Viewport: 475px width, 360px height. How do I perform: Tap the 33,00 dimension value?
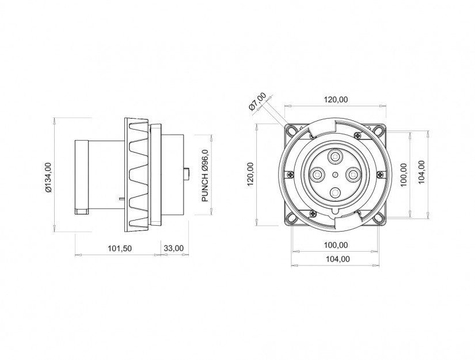tap(173, 248)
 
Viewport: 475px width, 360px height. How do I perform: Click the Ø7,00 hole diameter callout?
tap(257, 101)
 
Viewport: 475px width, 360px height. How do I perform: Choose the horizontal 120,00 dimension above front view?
tap(336, 100)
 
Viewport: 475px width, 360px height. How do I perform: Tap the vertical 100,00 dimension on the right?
tap(403, 175)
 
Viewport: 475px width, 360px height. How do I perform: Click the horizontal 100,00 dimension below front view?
tap(336, 245)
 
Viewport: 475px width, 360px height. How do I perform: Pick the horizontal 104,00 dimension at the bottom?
tap(336, 259)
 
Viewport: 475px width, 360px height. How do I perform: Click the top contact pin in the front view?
tap(335, 156)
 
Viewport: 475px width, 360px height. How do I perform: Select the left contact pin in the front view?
tap(316, 174)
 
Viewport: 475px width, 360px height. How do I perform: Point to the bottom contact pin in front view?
tap(335, 193)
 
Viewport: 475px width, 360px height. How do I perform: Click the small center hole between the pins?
tap(335, 174)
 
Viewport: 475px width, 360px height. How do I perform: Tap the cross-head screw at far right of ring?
tap(379, 175)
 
